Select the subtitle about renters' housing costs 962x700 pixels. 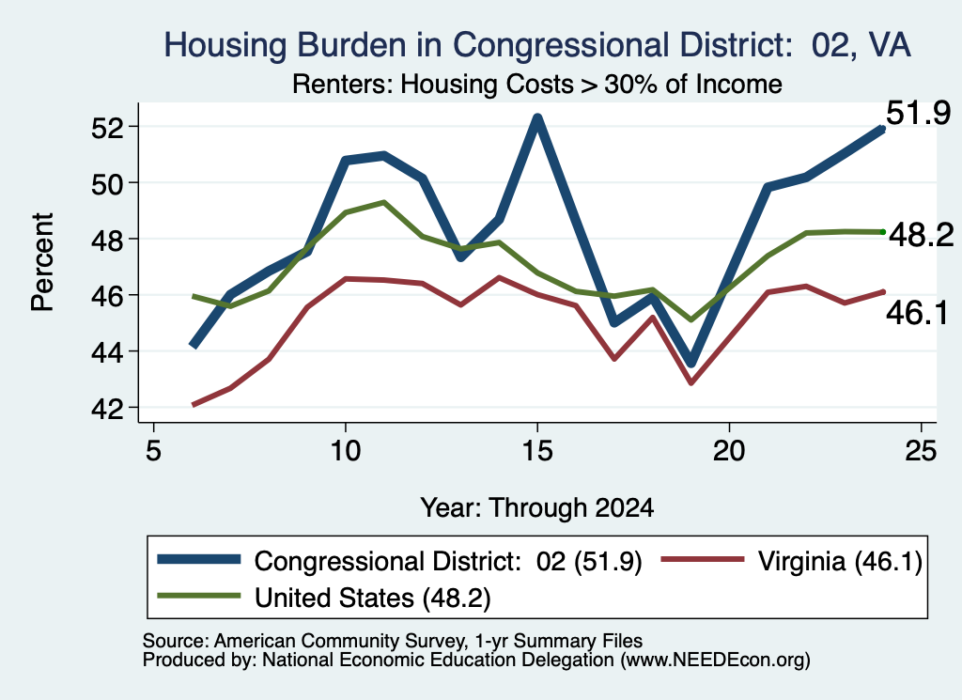(x=536, y=84)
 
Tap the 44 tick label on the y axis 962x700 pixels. (x=107, y=352)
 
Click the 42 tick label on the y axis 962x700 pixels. (x=107, y=409)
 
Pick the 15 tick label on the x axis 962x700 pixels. (x=537, y=452)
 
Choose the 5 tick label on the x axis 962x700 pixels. (x=153, y=452)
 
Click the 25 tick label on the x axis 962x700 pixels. (x=922, y=452)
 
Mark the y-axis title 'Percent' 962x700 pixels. (x=42, y=262)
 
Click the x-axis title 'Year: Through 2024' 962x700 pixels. (x=536, y=508)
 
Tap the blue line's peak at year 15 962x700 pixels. (x=537, y=117)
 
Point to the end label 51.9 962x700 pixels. (x=919, y=114)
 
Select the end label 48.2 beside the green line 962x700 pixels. (x=921, y=235)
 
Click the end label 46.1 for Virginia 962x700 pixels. (x=917, y=313)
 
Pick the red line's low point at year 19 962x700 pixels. (x=691, y=382)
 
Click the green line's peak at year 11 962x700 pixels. (x=384, y=202)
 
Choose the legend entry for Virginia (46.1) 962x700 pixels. (x=791, y=561)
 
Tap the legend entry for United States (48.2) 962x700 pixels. (x=324, y=598)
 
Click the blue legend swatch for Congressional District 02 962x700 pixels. (x=199, y=559)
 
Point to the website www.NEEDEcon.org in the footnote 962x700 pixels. (x=715, y=661)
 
